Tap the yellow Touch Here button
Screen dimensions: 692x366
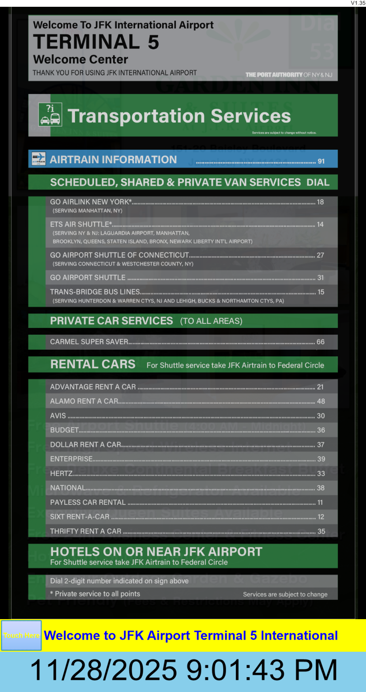coord(21,635)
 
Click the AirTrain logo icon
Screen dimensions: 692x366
coord(39,159)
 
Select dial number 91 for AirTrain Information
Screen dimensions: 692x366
coord(321,161)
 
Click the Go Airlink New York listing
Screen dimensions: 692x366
coord(91,202)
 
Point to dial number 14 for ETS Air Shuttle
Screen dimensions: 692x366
coord(320,224)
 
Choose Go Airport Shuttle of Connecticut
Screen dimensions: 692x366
coord(119,255)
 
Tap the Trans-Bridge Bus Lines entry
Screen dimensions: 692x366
coord(95,292)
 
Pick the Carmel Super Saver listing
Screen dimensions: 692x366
coord(89,342)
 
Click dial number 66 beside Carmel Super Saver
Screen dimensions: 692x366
coord(320,342)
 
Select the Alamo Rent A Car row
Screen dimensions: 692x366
coord(84,401)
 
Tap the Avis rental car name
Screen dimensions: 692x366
coord(58,416)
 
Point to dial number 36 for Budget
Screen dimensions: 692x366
coord(321,430)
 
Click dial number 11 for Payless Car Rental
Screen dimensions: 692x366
coord(320,502)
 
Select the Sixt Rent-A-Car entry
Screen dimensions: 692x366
coord(80,517)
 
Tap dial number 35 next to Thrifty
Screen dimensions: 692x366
coord(321,531)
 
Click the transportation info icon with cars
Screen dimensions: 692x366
coord(50,114)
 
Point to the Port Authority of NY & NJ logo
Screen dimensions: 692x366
coord(289,75)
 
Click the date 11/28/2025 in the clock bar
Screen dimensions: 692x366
coord(103,670)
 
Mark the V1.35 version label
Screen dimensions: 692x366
coord(358,3)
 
